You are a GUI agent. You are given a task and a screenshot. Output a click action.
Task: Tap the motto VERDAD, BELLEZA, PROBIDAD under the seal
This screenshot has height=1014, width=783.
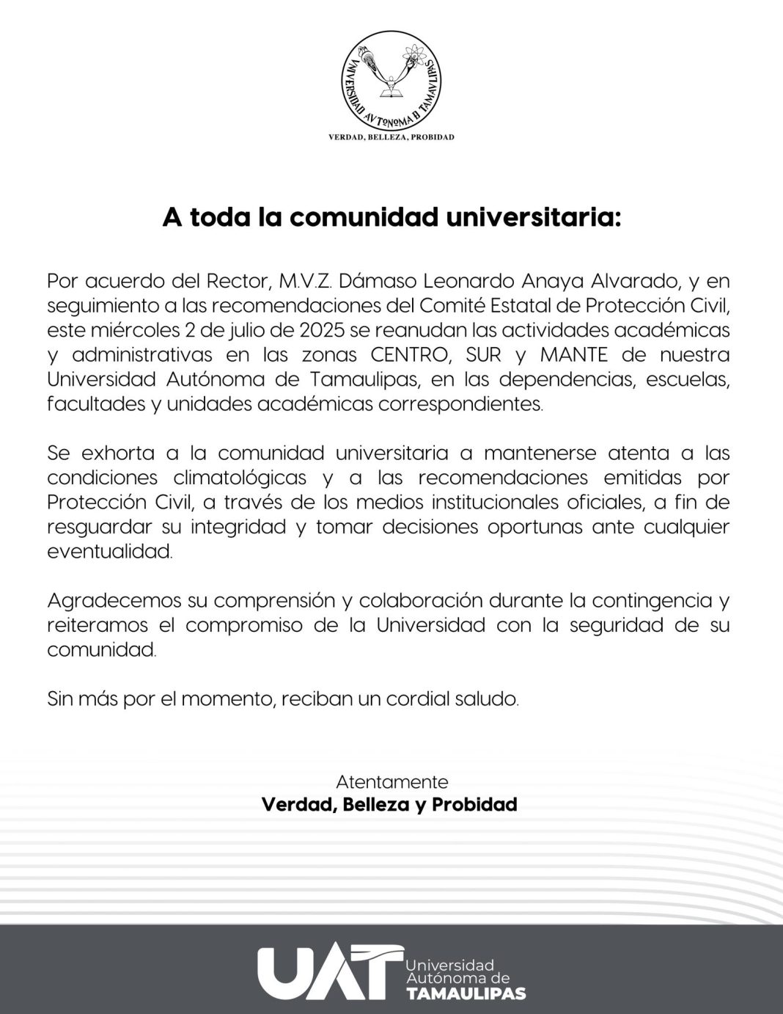(391, 137)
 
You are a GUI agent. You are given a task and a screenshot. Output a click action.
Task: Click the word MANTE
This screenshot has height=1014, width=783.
(574, 355)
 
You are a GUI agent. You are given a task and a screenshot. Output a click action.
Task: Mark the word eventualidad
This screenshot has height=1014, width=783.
(110, 552)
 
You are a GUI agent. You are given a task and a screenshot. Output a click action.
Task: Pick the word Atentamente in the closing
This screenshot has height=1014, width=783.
(391, 781)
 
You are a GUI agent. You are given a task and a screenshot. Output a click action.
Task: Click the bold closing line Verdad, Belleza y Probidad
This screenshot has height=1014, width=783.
(389, 805)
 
